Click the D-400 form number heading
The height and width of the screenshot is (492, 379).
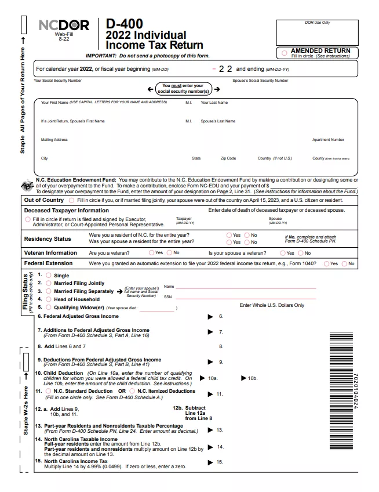pos(124,24)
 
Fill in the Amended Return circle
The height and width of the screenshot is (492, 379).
pos(284,53)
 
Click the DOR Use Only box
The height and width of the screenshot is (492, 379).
pos(317,32)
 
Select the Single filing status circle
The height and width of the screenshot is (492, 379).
pos(49,276)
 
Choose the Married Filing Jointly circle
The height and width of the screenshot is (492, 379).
pos(49,283)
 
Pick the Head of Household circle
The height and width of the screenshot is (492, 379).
pos(49,299)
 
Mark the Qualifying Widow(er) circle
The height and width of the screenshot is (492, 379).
pos(49,307)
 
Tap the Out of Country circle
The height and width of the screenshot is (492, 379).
pos(72,200)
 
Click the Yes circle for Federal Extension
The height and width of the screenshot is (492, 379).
pos(326,263)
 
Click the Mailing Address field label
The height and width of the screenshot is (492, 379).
pos(54,140)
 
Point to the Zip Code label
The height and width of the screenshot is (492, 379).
pos(228,158)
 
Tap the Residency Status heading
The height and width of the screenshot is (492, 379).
pos(48,238)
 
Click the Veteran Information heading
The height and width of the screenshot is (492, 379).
pos(50,253)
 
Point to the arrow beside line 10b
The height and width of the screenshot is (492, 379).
pos(243,378)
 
